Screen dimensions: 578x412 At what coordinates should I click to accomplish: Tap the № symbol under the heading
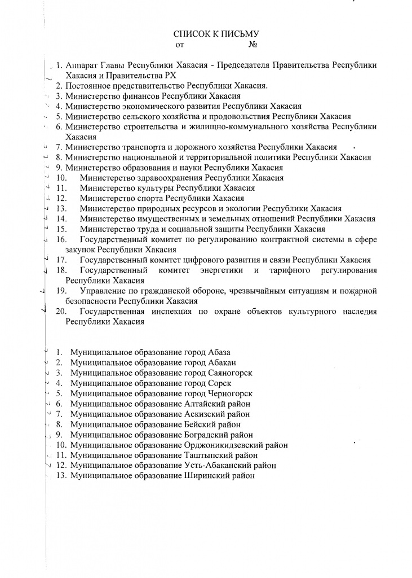(x=252, y=45)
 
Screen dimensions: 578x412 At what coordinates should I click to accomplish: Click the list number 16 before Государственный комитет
(x=62, y=239)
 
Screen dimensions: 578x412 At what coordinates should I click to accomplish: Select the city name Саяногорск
(x=229, y=373)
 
